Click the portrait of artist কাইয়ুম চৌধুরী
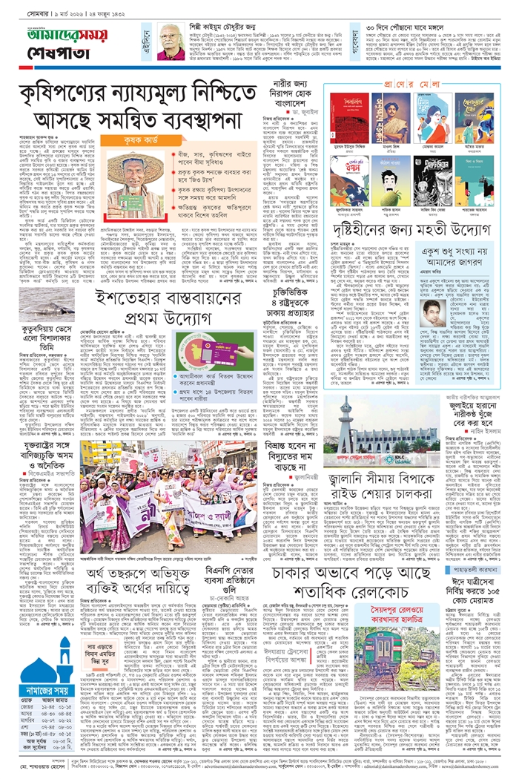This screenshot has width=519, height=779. click(171, 41)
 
